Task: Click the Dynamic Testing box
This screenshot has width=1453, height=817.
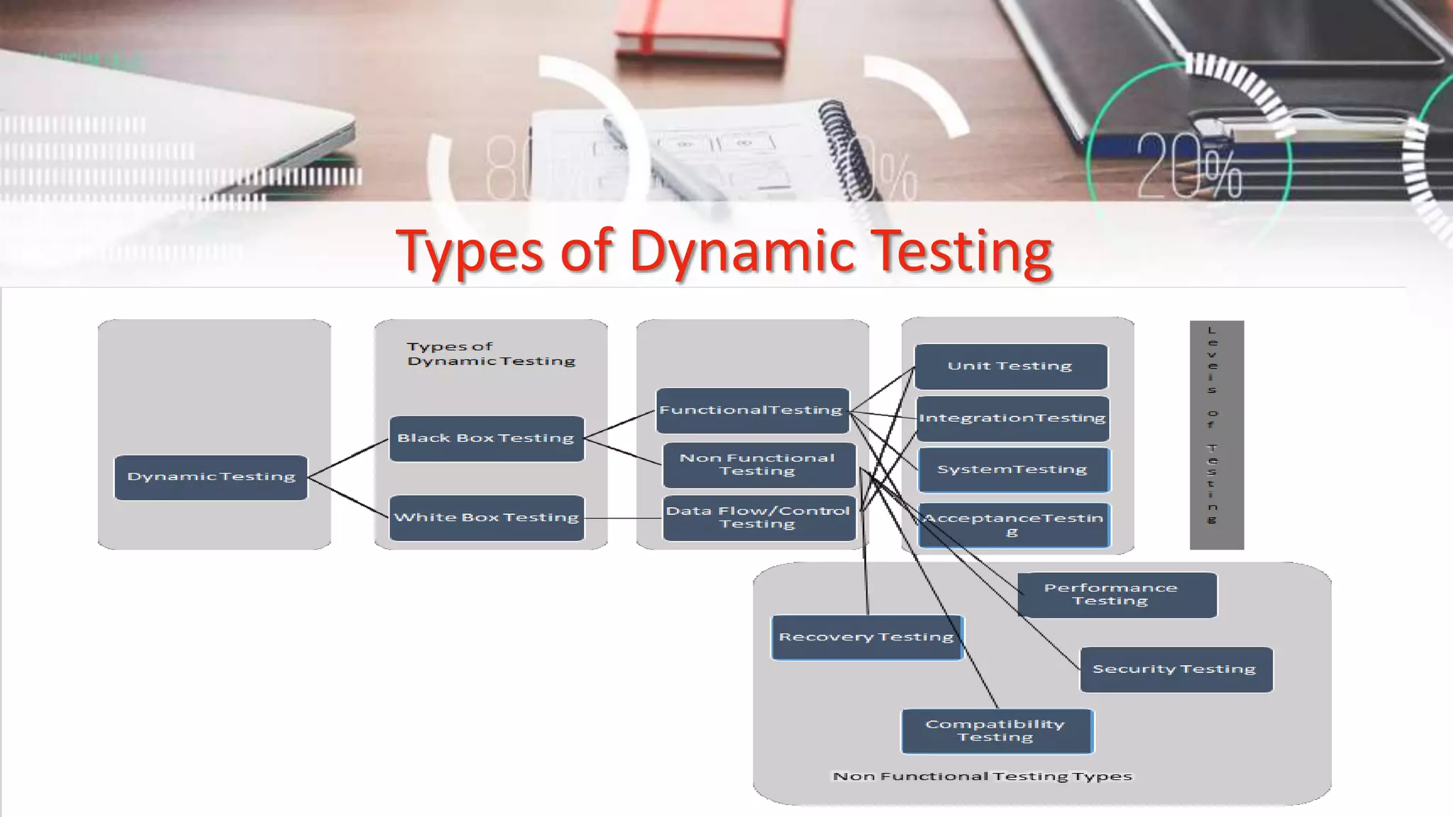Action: (211, 477)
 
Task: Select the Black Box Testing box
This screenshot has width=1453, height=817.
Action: (487, 438)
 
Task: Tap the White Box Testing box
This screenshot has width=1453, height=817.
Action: (487, 518)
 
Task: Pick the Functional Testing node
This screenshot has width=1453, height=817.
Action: (752, 410)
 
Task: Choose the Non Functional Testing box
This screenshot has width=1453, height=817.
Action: (758, 465)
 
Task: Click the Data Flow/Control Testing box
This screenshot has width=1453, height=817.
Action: (758, 518)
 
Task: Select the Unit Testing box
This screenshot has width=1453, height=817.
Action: (1010, 366)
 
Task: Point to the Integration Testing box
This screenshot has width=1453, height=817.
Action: (1012, 418)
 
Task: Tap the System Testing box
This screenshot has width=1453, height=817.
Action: (1013, 469)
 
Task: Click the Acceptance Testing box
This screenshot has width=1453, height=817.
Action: (1013, 525)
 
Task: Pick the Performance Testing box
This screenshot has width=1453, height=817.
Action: (1117, 594)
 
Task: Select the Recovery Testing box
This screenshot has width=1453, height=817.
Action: (866, 637)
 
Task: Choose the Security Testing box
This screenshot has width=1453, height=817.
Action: (1176, 669)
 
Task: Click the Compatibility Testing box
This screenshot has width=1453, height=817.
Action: (996, 730)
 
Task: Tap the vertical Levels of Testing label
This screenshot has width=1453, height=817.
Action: (1216, 434)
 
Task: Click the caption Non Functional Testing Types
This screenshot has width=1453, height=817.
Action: (982, 777)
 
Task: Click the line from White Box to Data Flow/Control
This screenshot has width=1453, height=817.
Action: (623, 518)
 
